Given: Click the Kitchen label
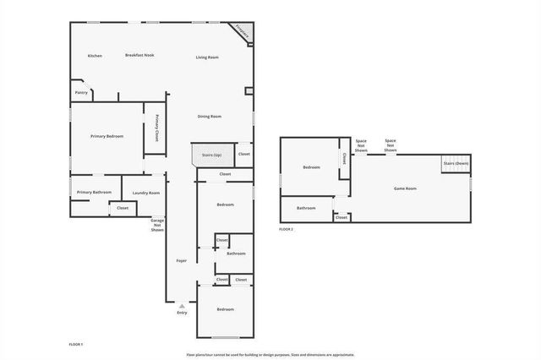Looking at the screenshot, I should click(95, 56).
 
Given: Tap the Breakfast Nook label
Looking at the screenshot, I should click(139, 55).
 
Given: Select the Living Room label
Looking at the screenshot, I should click(207, 57).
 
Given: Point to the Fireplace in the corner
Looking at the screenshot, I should click(243, 32).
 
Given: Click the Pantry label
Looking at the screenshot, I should click(81, 92).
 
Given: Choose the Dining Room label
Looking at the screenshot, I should click(210, 116).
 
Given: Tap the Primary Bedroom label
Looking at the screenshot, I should click(107, 136).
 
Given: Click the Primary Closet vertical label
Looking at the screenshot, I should click(157, 127).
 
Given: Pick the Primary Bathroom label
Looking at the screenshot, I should click(95, 192).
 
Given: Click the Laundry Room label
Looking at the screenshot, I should click(146, 193).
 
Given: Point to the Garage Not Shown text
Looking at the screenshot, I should click(157, 225).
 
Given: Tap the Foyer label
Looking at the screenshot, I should click(182, 260).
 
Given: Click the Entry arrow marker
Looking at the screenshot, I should click(182, 306).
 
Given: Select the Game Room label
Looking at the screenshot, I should click(405, 188).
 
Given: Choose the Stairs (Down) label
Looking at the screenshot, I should click(456, 162).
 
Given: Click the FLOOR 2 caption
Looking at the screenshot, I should click(287, 229).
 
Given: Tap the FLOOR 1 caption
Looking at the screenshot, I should click(76, 344).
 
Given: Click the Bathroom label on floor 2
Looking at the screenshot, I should click(306, 208).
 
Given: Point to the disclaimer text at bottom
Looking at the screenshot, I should click(270, 354).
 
